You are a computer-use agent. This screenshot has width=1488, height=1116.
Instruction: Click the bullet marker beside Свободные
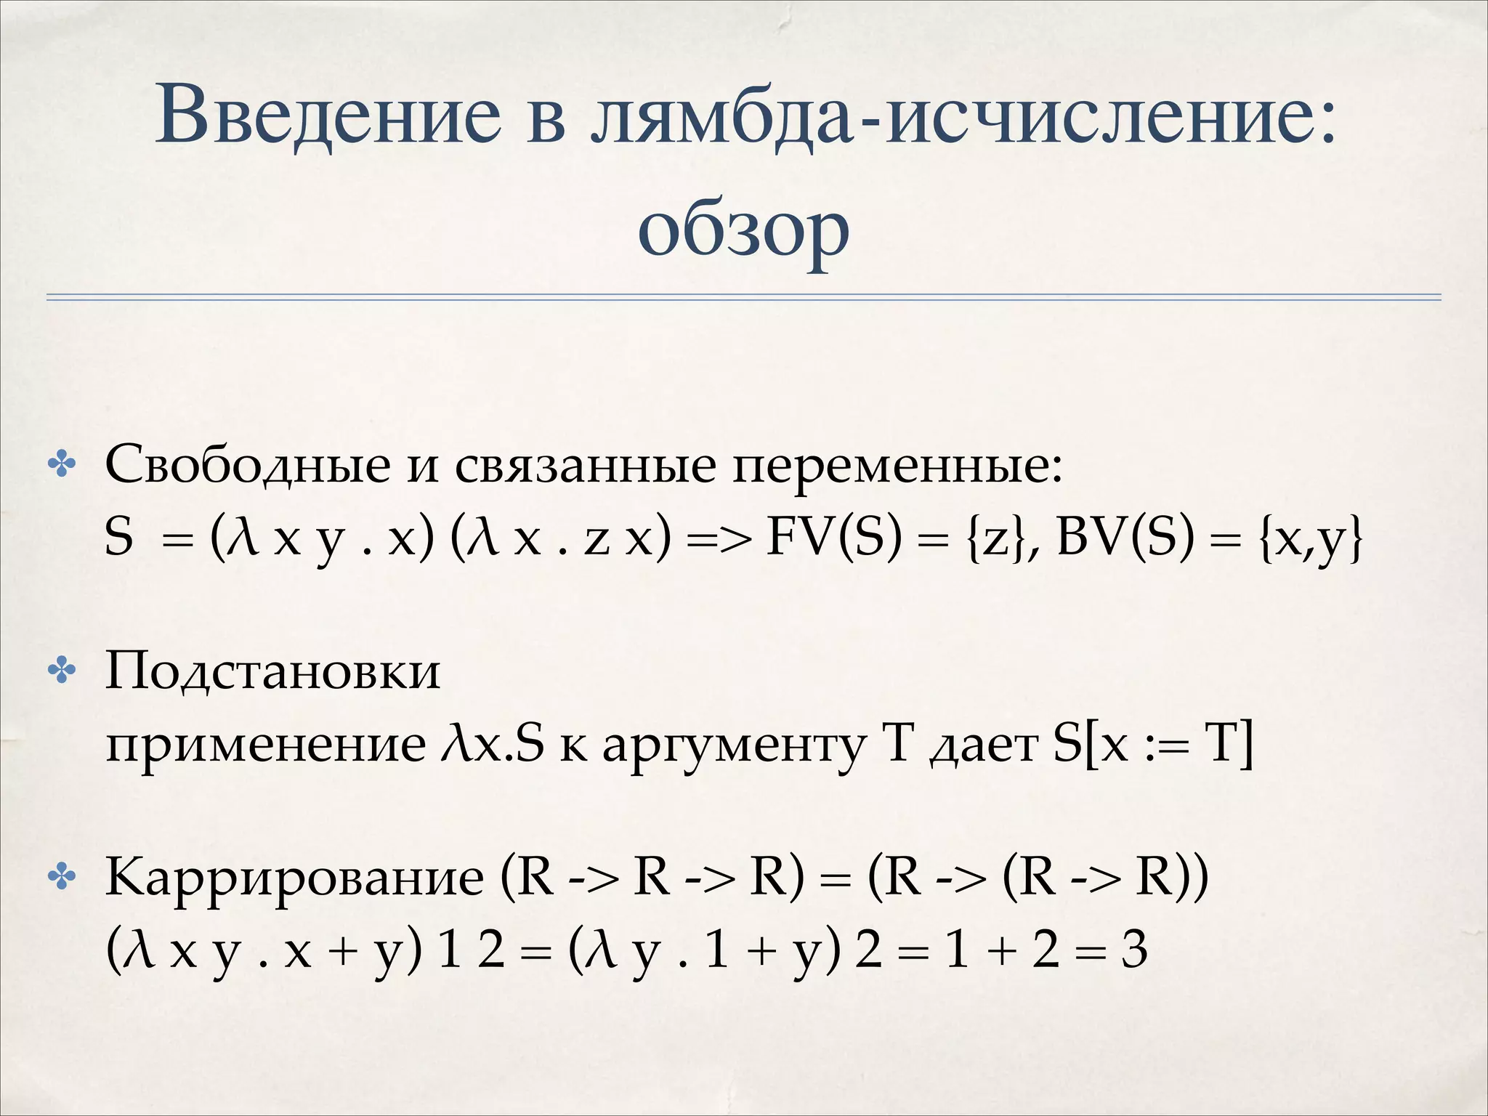(62, 466)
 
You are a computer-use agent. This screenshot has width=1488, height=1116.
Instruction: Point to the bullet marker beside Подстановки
(62, 671)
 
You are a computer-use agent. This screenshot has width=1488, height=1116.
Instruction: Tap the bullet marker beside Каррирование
(62, 878)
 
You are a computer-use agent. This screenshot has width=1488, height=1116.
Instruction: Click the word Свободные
(248, 465)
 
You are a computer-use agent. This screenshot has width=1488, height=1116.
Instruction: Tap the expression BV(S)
(1125, 538)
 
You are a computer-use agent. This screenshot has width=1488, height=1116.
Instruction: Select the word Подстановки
(272, 671)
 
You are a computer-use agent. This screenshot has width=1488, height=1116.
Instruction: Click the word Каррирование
(294, 878)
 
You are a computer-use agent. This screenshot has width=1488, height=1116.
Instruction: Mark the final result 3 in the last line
(1133, 950)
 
